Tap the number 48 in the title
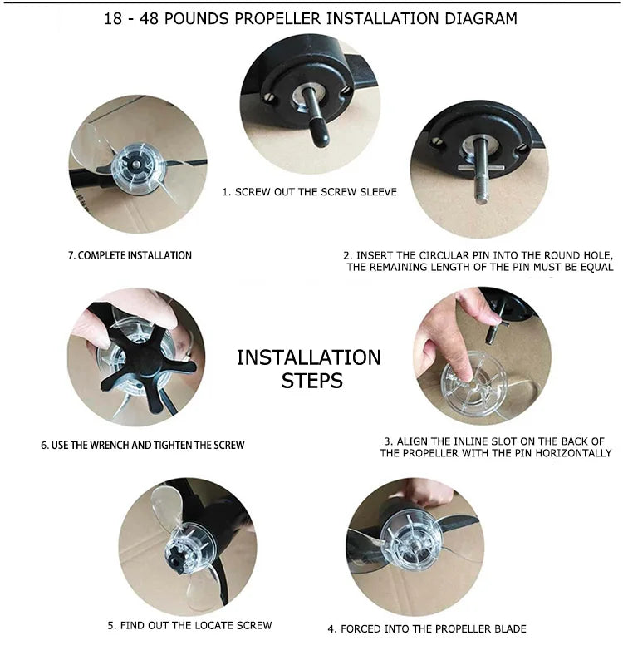(149, 18)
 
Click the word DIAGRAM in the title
(481, 18)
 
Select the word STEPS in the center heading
(312, 381)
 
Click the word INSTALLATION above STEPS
(308, 357)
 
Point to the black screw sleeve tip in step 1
(321, 135)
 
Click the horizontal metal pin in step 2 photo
(481, 168)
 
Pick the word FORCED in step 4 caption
(358, 628)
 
